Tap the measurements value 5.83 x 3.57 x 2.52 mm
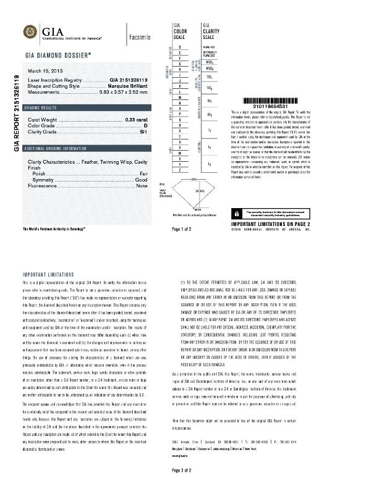pos(124,91)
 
